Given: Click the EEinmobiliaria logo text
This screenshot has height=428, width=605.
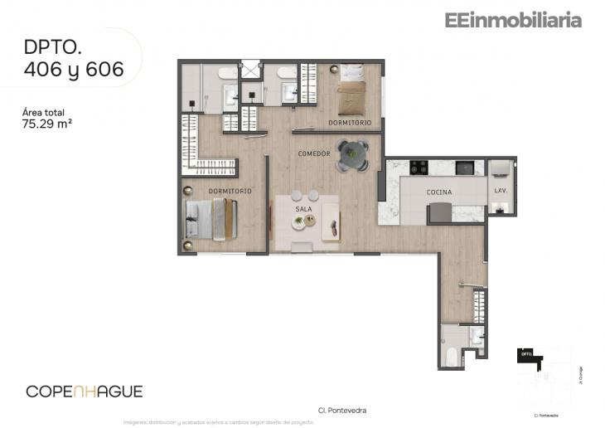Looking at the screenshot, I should tap(512, 21).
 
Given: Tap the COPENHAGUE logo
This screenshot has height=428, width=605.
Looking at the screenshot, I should tap(85, 391).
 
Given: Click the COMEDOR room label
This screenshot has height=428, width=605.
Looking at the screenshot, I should tap(314, 154).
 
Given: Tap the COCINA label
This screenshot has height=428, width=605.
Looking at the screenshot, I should tap(439, 192).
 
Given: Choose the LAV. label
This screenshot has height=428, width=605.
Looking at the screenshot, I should tap(500, 190).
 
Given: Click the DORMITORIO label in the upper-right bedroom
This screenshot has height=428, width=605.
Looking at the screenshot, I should tap(349, 123).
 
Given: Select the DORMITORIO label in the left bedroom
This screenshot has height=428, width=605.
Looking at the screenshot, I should tap(230, 191).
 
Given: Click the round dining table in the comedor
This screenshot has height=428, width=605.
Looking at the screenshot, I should tap(352, 154).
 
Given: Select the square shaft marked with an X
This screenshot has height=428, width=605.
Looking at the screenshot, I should tap(251, 70).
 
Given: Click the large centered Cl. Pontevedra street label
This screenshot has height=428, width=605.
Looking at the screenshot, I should tap(341, 410).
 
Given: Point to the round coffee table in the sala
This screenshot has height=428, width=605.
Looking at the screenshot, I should tap(298, 221).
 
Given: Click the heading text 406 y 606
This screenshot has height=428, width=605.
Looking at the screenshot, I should tap(74, 70).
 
